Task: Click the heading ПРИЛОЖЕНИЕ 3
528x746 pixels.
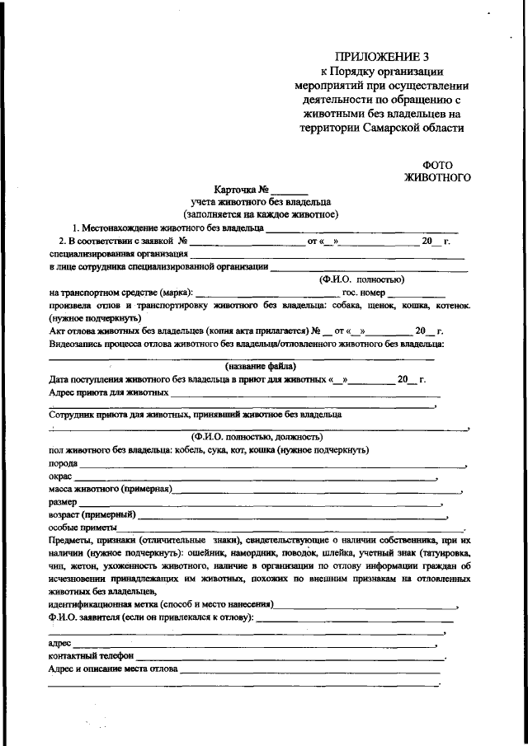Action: (382, 57)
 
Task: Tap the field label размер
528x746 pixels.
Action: (64, 501)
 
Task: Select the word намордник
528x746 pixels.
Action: (275, 553)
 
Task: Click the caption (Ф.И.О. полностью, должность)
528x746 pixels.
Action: (257, 436)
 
